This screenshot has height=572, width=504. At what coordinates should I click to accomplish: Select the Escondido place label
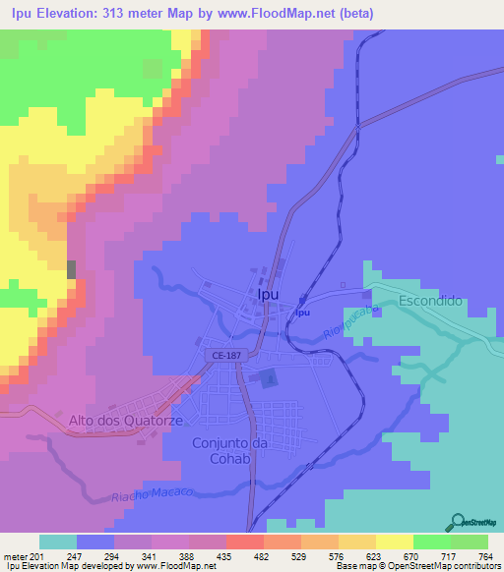point(430,301)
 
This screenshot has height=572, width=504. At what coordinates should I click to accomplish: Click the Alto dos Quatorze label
point(115,421)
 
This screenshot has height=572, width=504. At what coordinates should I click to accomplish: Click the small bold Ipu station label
point(303,313)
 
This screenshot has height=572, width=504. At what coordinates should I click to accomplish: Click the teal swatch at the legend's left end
point(58,542)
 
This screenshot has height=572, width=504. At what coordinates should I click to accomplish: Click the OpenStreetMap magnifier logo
point(457,521)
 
